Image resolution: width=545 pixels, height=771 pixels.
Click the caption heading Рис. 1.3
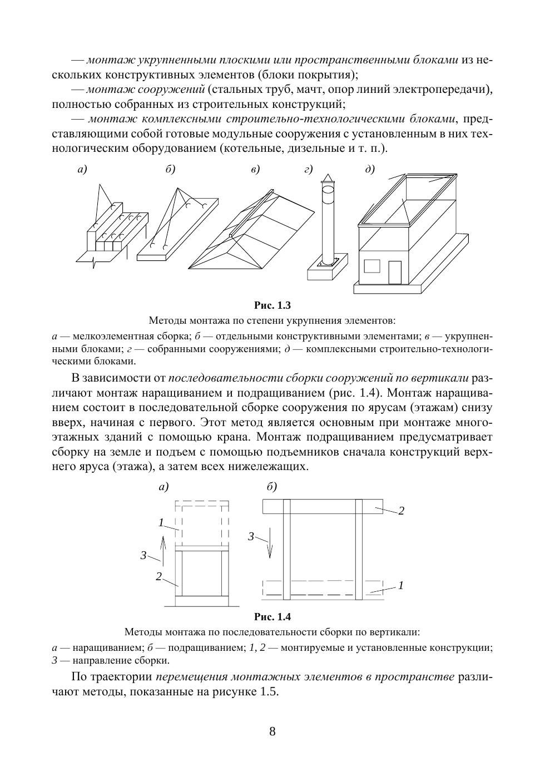pyautogui.click(x=272, y=305)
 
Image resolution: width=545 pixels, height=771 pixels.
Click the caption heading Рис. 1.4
pyautogui.click(x=272, y=616)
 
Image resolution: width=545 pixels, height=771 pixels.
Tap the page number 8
pyautogui.click(x=272, y=731)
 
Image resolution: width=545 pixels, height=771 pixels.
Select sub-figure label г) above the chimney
pyautogui.click(x=308, y=169)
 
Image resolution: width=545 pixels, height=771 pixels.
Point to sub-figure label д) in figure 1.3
pyautogui.click(x=370, y=169)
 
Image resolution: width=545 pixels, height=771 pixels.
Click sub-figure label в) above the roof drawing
pyautogui.click(x=255, y=169)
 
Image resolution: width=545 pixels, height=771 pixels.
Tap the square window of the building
pyautogui.click(x=372, y=265)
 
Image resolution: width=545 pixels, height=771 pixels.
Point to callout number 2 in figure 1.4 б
pyautogui.click(x=401, y=511)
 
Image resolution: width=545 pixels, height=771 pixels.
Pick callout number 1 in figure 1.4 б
pyautogui.click(x=400, y=585)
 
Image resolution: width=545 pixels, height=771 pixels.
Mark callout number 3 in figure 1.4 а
pyautogui.click(x=143, y=555)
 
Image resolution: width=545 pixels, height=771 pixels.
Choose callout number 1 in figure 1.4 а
pyautogui.click(x=161, y=522)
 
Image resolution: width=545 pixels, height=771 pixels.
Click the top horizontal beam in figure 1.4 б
pyautogui.click(x=323, y=506)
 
